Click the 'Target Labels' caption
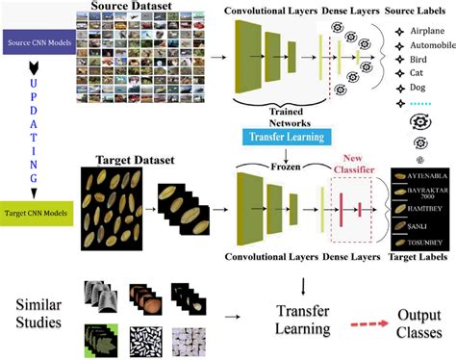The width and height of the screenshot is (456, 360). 420,258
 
